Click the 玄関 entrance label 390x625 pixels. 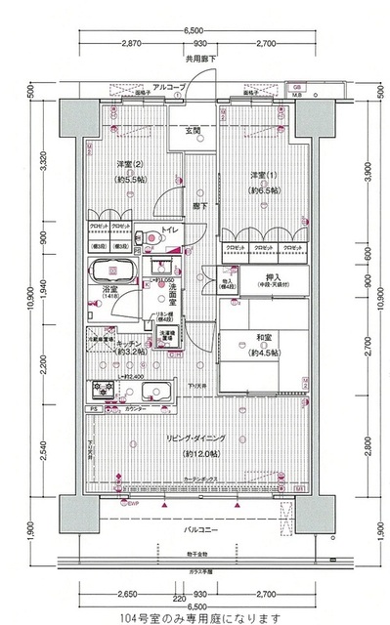195,131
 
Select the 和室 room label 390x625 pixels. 236,341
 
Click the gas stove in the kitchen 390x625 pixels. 103,391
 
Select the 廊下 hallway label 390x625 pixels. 198,207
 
